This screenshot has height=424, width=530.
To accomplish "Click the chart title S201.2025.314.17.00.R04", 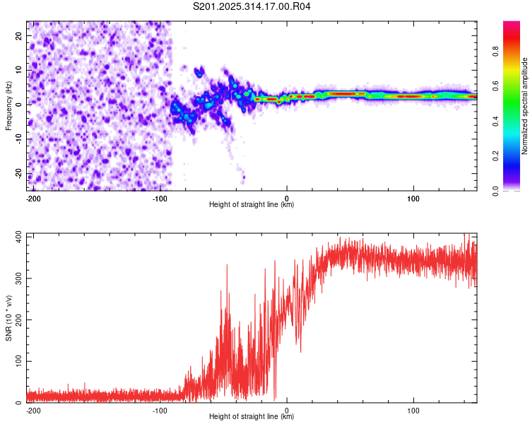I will tap(252, 6).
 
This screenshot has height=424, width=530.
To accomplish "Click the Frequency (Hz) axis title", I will tap(8, 106).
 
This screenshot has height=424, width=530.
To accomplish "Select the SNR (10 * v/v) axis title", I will tap(8, 318).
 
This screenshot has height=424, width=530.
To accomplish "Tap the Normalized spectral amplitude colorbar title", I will tap(524, 106).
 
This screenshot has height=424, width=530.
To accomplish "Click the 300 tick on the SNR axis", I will tap(20, 278).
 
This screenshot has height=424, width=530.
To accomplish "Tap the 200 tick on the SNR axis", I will tap(20, 319).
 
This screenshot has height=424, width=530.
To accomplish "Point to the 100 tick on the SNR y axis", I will tap(20, 361).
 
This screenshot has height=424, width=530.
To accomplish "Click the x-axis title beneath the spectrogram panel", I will tap(252, 205).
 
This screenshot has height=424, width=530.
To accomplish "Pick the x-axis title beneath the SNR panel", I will tap(252, 417).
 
